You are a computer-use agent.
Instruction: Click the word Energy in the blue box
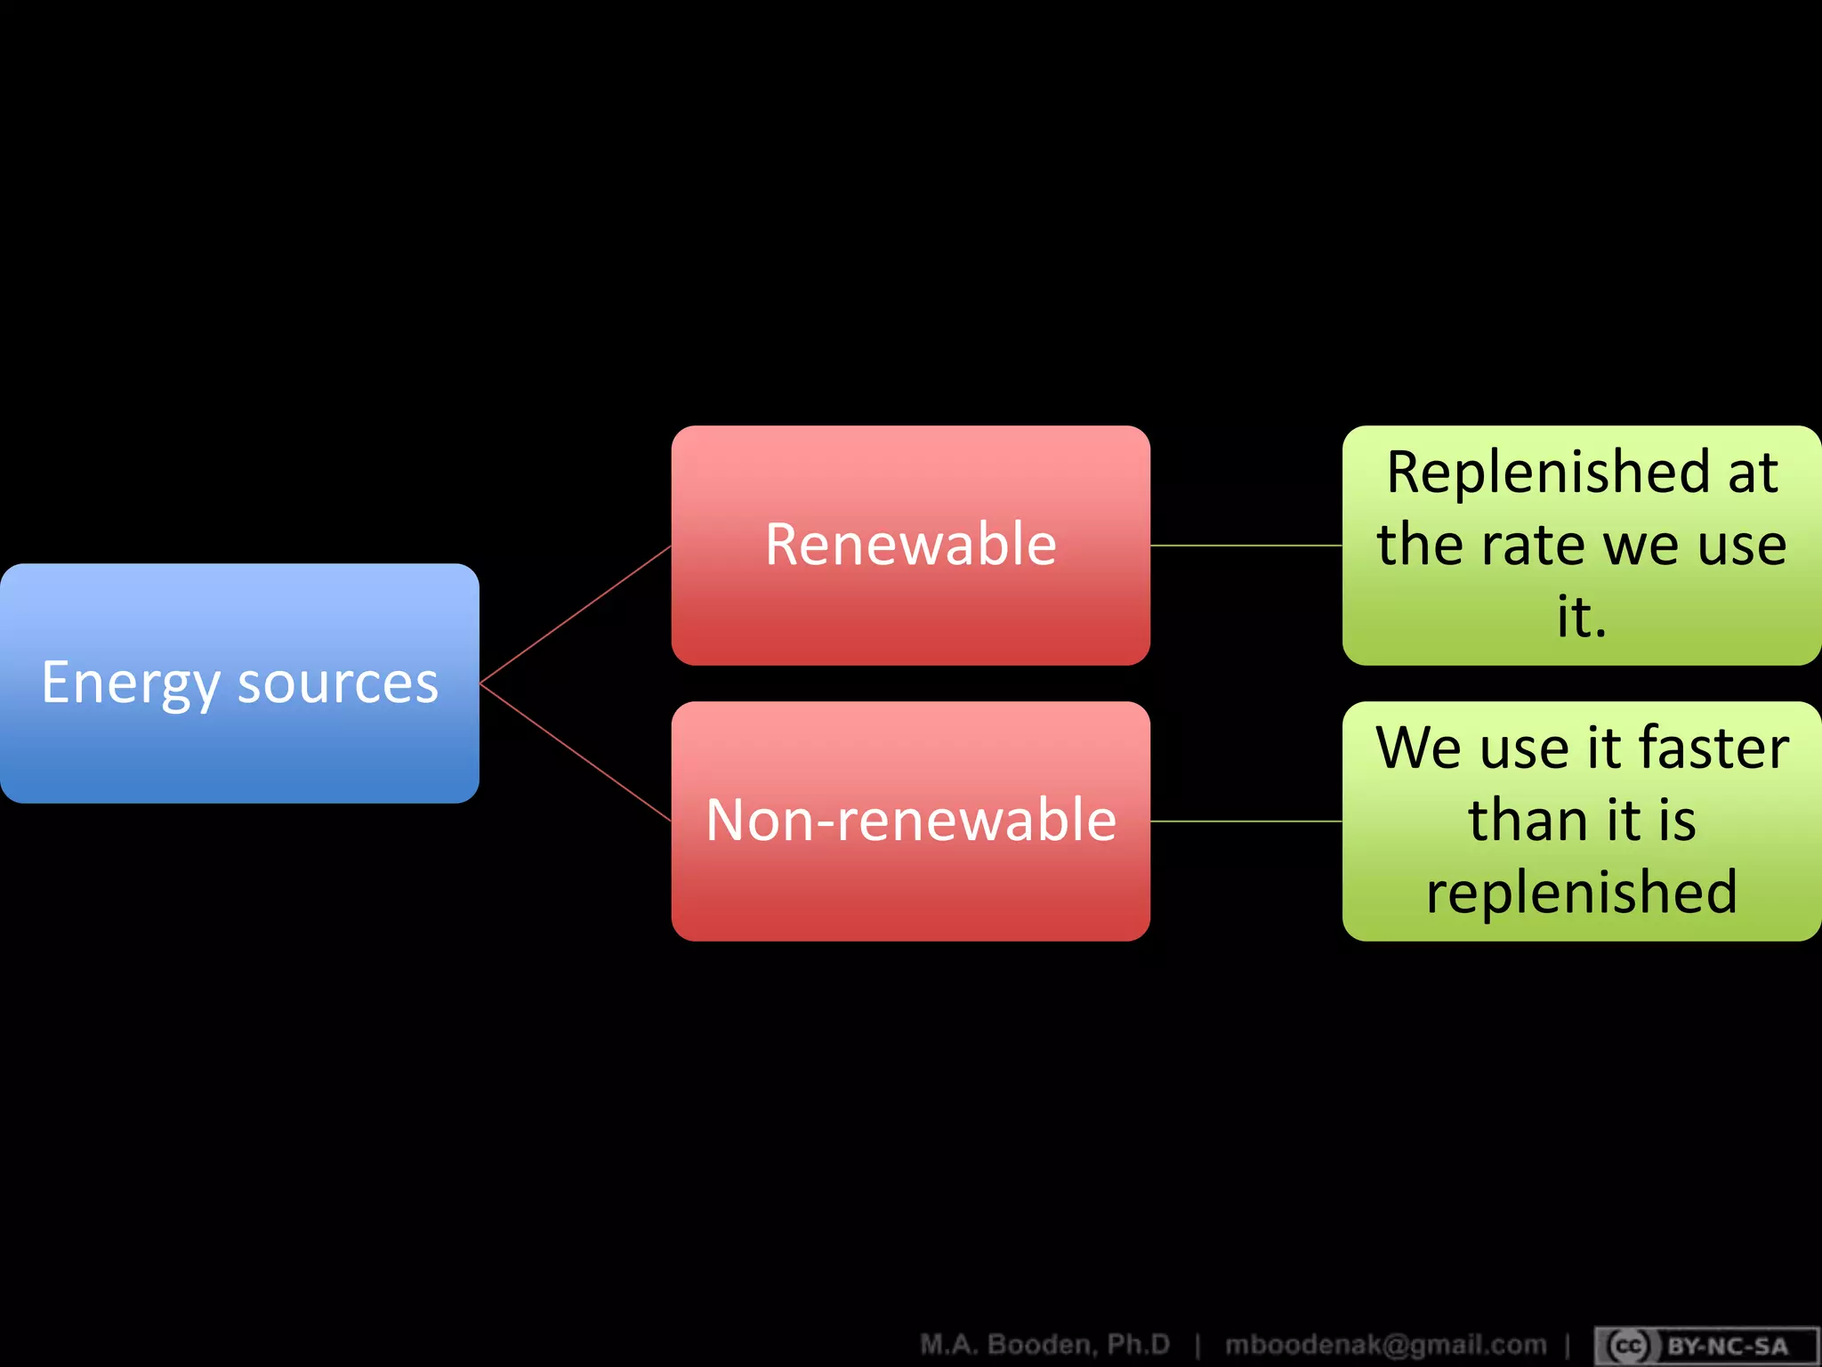click(130, 683)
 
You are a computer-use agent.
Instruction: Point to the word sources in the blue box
click(338, 683)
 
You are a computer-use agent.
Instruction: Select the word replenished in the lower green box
click(1582, 892)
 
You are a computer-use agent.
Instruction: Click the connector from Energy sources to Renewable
click(575, 614)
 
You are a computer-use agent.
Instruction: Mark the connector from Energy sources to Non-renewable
click(575, 752)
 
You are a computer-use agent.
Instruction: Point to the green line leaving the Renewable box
click(1246, 546)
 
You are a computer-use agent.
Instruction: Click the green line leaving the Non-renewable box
click(1246, 821)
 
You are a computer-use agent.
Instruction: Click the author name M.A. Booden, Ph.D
click(1044, 1344)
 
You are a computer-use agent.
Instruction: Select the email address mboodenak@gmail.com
click(1385, 1344)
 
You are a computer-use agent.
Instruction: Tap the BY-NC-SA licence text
click(1727, 1347)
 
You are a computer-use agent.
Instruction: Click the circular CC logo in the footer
click(1629, 1347)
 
